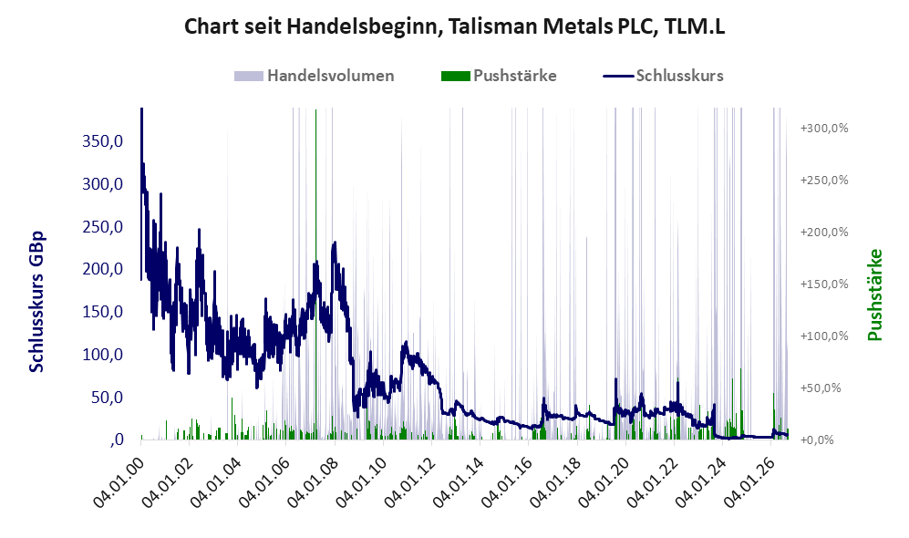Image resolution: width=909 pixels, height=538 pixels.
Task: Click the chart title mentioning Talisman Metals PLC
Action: (x=454, y=26)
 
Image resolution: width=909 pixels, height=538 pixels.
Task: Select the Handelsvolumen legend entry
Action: (x=315, y=76)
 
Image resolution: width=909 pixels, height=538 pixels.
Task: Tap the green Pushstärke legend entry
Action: (x=499, y=76)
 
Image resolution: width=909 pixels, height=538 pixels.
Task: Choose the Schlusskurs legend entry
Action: (x=663, y=76)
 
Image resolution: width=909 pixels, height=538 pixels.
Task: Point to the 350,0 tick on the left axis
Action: (x=103, y=140)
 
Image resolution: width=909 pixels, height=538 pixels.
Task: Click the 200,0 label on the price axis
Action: (x=103, y=269)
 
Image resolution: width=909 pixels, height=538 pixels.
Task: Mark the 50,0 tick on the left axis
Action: (x=107, y=398)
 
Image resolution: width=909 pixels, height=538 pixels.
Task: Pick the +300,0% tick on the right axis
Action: (x=824, y=129)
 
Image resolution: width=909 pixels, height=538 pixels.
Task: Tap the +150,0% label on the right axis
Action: (x=824, y=285)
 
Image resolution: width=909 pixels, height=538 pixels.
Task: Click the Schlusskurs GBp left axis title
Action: (x=36, y=302)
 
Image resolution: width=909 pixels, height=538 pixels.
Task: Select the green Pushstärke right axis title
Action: (x=874, y=295)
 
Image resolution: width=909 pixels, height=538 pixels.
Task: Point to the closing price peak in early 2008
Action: (x=334, y=243)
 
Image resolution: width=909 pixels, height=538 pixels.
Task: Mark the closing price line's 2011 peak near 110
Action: (x=405, y=343)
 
